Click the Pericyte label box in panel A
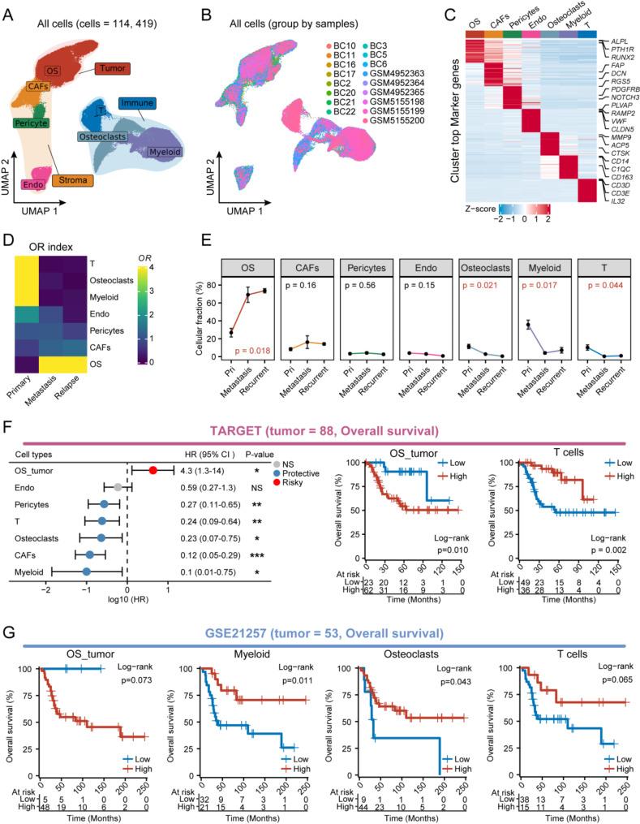pyautogui.click(x=33, y=123)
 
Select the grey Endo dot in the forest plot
pyautogui.click(x=118, y=487)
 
